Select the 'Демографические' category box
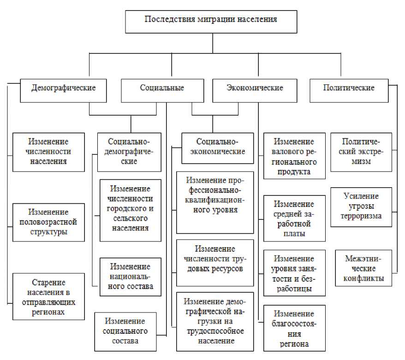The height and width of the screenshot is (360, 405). click(x=64, y=88)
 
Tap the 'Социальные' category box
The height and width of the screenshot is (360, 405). click(x=162, y=88)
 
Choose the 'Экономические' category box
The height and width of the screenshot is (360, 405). click(x=255, y=88)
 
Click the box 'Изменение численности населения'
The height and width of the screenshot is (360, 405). click(x=48, y=152)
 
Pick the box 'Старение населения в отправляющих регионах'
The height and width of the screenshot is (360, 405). click(x=48, y=296)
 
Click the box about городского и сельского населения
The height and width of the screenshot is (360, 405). click(x=131, y=210)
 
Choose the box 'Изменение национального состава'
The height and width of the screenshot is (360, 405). click(x=131, y=277)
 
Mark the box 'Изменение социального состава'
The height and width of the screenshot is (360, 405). click(x=125, y=331)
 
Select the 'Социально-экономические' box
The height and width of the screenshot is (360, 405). click(x=217, y=148)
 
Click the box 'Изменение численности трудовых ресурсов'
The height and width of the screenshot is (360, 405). click(x=215, y=262)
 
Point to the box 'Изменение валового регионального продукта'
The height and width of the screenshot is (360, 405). click(x=294, y=156)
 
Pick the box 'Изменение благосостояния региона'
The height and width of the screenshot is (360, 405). click(x=294, y=328)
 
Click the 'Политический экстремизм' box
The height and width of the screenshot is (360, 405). click(x=361, y=152)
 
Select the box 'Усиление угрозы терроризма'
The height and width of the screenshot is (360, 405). click(x=361, y=207)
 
